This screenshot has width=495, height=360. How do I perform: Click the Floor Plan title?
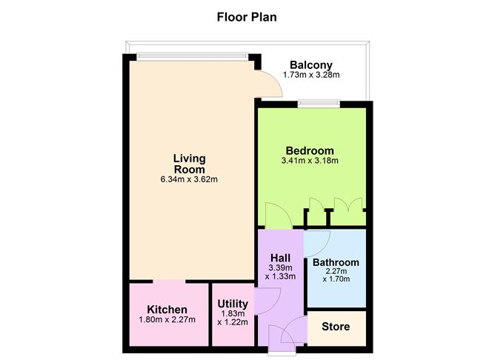(x=247, y=17)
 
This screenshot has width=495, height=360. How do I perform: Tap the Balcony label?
(x=311, y=65)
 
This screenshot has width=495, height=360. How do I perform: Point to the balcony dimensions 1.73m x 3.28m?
(x=311, y=75)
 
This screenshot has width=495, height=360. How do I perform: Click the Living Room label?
(x=190, y=164)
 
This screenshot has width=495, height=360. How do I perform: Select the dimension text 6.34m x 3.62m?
(x=189, y=179)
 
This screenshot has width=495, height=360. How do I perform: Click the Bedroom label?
(x=310, y=150)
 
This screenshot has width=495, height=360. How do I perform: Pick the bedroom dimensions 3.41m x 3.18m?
(x=310, y=161)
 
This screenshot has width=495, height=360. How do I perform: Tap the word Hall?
(x=280, y=258)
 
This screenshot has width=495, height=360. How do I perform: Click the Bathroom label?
(x=336, y=262)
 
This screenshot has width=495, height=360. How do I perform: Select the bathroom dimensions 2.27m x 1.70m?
(x=336, y=275)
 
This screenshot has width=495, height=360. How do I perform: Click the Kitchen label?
(x=167, y=310)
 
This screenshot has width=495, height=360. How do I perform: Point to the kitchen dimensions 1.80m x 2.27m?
(x=167, y=319)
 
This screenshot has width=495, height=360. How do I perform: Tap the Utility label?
(x=233, y=304)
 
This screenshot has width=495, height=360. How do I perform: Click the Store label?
(x=336, y=327)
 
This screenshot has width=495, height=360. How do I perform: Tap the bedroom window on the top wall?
(x=319, y=104)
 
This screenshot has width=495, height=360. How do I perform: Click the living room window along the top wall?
(x=192, y=56)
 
